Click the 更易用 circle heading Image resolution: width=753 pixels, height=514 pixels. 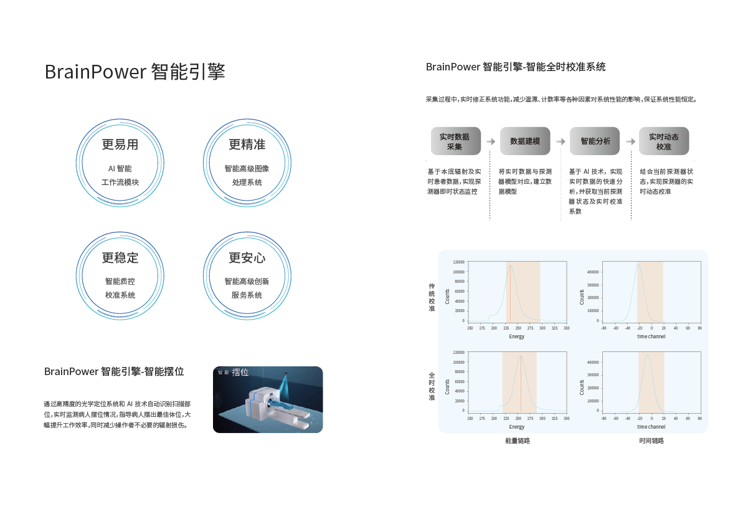120,145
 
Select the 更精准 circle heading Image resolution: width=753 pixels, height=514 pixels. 247,145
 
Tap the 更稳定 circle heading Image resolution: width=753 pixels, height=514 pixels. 120,258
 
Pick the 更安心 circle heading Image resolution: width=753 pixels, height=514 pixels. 247,258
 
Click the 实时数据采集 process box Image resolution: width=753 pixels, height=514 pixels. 455,141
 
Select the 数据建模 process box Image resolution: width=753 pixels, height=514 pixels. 524,141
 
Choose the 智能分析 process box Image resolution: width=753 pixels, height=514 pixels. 595,141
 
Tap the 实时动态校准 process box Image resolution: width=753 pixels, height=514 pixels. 663,141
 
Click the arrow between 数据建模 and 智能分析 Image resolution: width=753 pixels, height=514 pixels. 561,141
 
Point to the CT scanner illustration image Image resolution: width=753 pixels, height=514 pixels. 268,399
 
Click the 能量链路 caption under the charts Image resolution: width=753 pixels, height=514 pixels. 517,440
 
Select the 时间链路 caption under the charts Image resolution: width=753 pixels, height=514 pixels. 651,440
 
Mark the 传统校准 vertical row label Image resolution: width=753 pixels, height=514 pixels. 432,297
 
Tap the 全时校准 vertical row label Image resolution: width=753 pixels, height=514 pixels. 432,386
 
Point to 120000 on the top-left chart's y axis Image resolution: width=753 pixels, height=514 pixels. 459,262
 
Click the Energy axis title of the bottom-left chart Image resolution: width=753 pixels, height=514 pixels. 516,427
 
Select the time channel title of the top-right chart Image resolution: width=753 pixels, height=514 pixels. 651,336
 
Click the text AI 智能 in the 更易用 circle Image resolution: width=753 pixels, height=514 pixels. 120,169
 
